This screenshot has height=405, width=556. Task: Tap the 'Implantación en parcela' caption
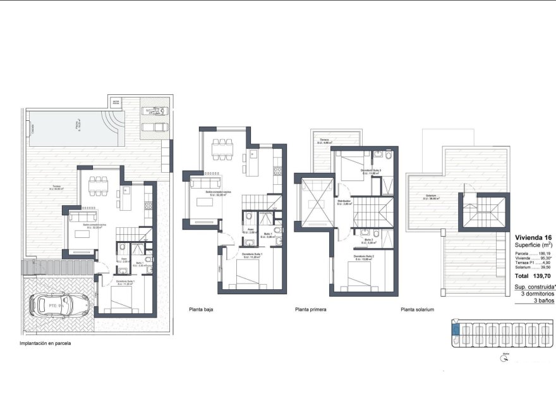(45, 344)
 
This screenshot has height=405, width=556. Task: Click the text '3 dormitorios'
(537, 294)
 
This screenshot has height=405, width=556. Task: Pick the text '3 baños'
(543, 301)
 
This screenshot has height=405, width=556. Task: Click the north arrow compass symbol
(504, 358)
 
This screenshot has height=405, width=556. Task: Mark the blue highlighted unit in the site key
(454, 327)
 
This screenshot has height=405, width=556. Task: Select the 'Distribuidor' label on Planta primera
(344, 201)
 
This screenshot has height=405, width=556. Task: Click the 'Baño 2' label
(370, 240)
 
